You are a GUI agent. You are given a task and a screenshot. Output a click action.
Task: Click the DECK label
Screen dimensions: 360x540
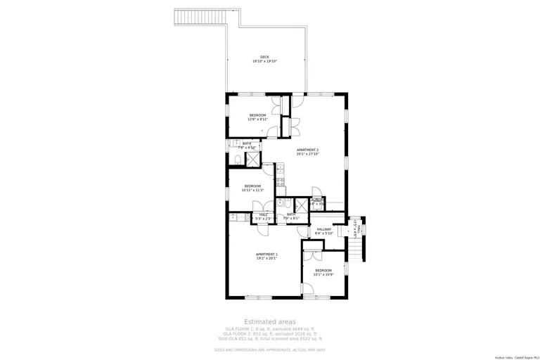[264, 57]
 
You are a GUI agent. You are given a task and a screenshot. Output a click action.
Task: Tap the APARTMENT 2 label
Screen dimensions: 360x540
[307, 150]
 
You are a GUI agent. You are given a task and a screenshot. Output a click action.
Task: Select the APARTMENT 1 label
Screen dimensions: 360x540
[266, 254]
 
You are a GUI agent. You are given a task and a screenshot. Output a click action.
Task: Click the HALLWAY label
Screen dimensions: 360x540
[323, 229]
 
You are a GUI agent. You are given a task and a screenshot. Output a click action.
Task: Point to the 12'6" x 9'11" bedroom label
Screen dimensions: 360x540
[257, 115]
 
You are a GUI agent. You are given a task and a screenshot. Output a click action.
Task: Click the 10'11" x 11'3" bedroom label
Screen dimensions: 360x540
[257, 186]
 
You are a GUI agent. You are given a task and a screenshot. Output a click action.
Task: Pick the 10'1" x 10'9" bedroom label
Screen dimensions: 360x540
[323, 271]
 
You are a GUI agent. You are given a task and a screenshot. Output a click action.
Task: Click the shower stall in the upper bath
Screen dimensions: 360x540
[252, 159]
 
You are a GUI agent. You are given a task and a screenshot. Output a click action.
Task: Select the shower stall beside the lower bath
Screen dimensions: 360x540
[300, 205]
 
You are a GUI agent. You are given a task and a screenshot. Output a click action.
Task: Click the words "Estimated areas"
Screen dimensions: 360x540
[270, 321]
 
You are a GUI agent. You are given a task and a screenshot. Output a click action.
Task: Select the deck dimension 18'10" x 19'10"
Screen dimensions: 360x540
[264, 62]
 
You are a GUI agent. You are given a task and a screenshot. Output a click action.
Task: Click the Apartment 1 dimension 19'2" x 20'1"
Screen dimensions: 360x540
[266, 259]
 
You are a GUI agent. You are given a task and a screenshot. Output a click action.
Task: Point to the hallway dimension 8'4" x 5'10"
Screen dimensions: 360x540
[323, 233]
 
